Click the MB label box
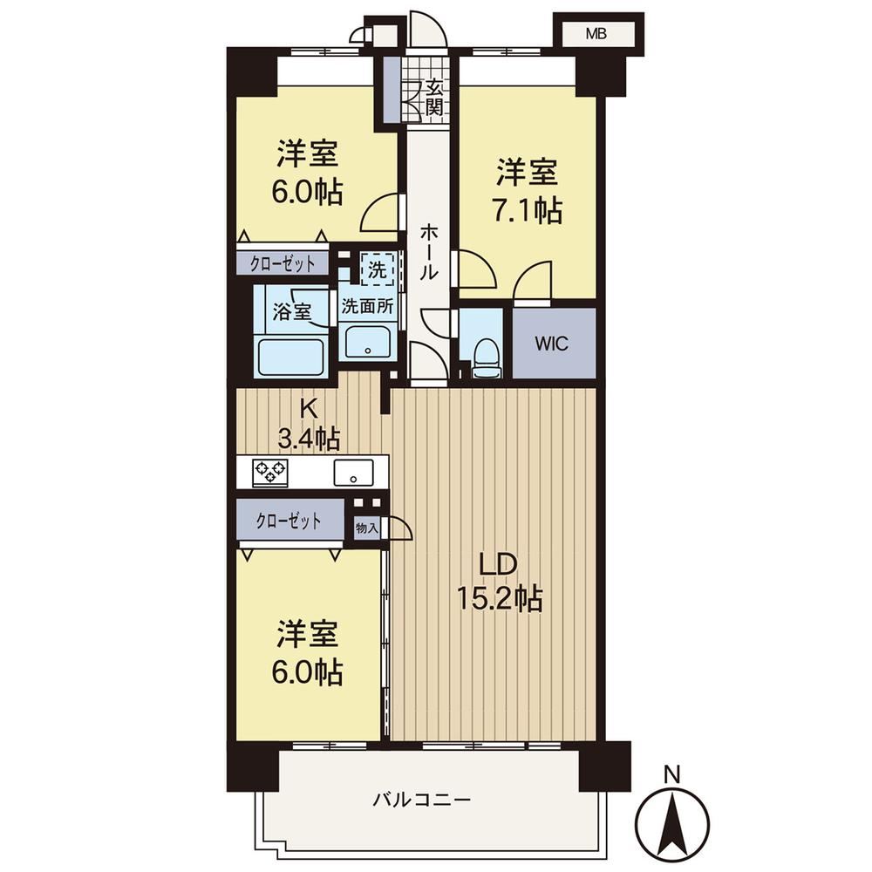coord(596,35)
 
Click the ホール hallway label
coord(429,251)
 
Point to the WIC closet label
coord(552,344)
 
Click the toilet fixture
coord(486,358)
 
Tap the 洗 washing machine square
coord(378,269)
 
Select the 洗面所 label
coord(367,306)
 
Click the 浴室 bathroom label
coord(291,311)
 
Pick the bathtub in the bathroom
coord(291,358)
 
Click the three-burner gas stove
coord(270,473)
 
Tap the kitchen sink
coord(354,473)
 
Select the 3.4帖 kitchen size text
coord(310,439)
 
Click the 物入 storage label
coord(367,528)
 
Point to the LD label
coord(500,564)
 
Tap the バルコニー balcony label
coord(422,800)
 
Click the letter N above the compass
coord(673,773)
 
